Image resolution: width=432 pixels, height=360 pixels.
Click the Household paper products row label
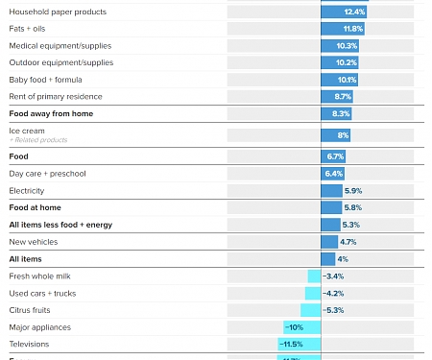(x=58, y=12)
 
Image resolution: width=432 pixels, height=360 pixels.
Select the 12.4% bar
(x=344, y=12)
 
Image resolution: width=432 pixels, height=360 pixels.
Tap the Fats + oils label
(x=31, y=29)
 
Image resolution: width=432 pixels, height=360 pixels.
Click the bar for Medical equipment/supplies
(x=340, y=45)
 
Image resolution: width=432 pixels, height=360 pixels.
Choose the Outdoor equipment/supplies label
(x=60, y=62)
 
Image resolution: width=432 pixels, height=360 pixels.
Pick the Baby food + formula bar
(x=340, y=80)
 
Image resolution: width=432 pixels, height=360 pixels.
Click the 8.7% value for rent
(x=343, y=97)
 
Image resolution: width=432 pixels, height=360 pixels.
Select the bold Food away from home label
(x=51, y=113)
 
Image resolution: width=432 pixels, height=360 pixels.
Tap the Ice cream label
(x=27, y=131)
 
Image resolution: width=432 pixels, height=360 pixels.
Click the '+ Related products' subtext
(x=38, y=140)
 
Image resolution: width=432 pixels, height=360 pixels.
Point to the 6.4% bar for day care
(x=333, y=174)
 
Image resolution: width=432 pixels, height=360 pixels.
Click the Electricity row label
(x=27, y=191)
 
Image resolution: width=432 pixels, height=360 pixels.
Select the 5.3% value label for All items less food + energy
(x=350, y=225)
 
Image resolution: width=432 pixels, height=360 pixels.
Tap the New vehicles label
(x=34, y=242)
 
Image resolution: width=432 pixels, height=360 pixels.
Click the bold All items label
(x=25, y=259)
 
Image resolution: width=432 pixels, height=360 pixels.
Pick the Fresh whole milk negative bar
(x=314, y=276)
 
